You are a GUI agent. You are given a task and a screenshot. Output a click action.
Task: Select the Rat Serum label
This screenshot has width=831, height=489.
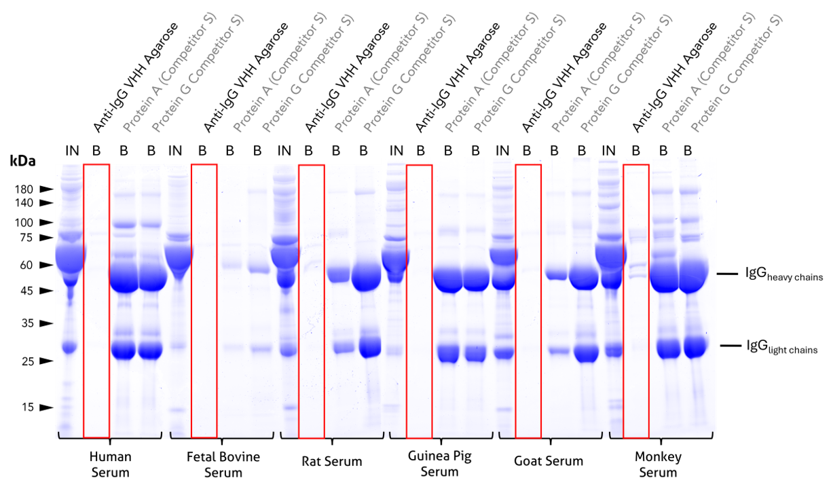tap(332, 462)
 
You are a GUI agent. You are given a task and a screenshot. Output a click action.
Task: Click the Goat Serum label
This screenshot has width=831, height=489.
tap(549, 462)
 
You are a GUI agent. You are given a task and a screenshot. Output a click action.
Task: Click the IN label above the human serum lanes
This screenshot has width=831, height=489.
tap(72, 150)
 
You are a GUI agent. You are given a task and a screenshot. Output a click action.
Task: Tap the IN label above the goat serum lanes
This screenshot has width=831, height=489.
tap(502, 150)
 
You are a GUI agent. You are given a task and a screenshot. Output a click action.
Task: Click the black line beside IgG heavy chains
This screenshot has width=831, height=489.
tap(728, 274)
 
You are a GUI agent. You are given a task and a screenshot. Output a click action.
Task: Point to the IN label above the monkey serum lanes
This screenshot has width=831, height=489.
tap(608, 150)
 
